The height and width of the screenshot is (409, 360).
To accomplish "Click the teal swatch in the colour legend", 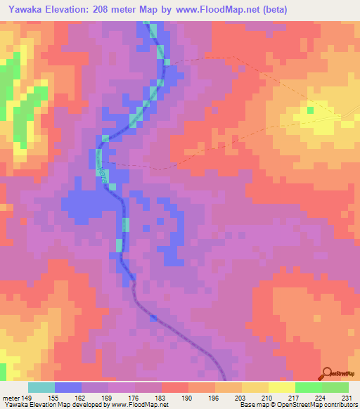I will (41, 387).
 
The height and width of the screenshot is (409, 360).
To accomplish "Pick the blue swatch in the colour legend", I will (68, 387).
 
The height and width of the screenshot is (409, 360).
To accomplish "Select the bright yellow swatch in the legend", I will (281, 387).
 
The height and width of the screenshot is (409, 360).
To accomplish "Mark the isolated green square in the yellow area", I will (310, 110).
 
